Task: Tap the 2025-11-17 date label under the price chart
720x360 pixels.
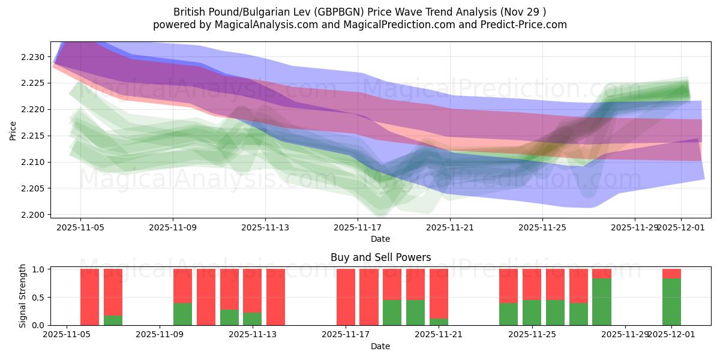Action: (x=358, y=228)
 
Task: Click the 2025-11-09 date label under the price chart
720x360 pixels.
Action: (x=173, y=228)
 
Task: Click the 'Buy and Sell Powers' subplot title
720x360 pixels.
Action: (x=380, y=257)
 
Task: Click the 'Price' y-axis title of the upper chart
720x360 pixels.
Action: (x=13, y=130)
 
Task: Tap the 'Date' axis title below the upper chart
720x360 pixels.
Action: (x=380, y=239)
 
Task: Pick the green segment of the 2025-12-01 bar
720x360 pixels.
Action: (x=671, y=302)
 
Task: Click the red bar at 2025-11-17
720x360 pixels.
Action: (x=346, y=297)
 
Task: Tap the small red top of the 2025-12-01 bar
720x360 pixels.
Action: (x=671, y=274)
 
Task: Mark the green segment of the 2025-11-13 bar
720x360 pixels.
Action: (x=252, y=319)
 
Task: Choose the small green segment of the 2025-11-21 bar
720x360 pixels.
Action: (x=439, y=322)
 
